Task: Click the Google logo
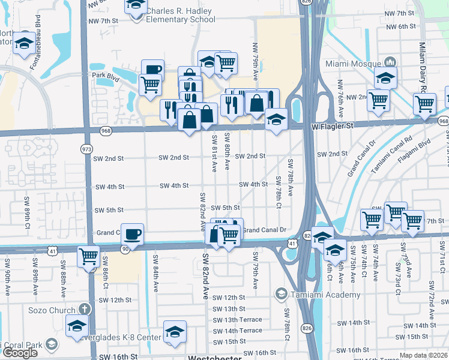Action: (x=19, y=353)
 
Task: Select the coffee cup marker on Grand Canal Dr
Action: (x=133, y=233)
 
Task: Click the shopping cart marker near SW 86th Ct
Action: (x=89, y=256)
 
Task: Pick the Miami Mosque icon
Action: (x=390, y=62)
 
